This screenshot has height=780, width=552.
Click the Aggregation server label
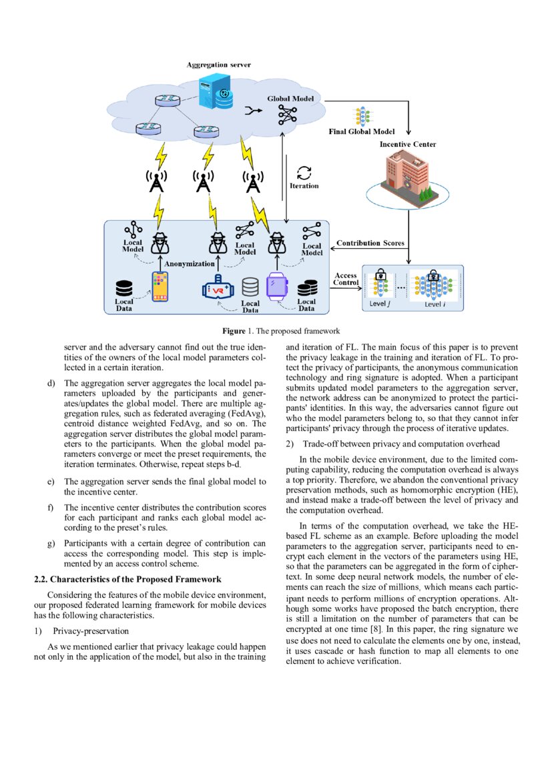point(218,65)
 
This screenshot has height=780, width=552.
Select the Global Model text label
point(290,98)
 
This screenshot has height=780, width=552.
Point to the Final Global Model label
point(362,131)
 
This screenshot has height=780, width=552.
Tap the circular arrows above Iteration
point(304,172)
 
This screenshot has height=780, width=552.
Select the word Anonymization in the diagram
point(190,264)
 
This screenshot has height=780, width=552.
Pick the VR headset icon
point(219,289)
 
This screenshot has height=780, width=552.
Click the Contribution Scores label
point(370,244)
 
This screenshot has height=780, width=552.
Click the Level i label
point(435,304)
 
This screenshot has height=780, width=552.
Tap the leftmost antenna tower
point(157,181)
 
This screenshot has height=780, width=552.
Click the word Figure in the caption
point(234,331)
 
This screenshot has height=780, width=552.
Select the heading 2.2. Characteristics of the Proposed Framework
point(127,578)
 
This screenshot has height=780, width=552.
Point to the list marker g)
point(51,543)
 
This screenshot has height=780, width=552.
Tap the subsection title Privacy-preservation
point(91,631)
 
